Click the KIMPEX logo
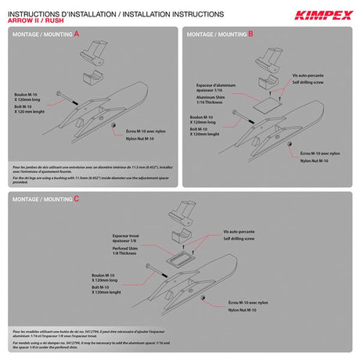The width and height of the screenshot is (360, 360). point(320,13)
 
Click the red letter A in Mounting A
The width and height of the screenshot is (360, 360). point(76,35)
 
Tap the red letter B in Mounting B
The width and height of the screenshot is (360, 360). point(250,35)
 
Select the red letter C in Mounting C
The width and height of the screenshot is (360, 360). point(76,199)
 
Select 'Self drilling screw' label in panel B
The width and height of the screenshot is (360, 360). point(306,81)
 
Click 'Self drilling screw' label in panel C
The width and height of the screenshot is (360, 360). point(239,239)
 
